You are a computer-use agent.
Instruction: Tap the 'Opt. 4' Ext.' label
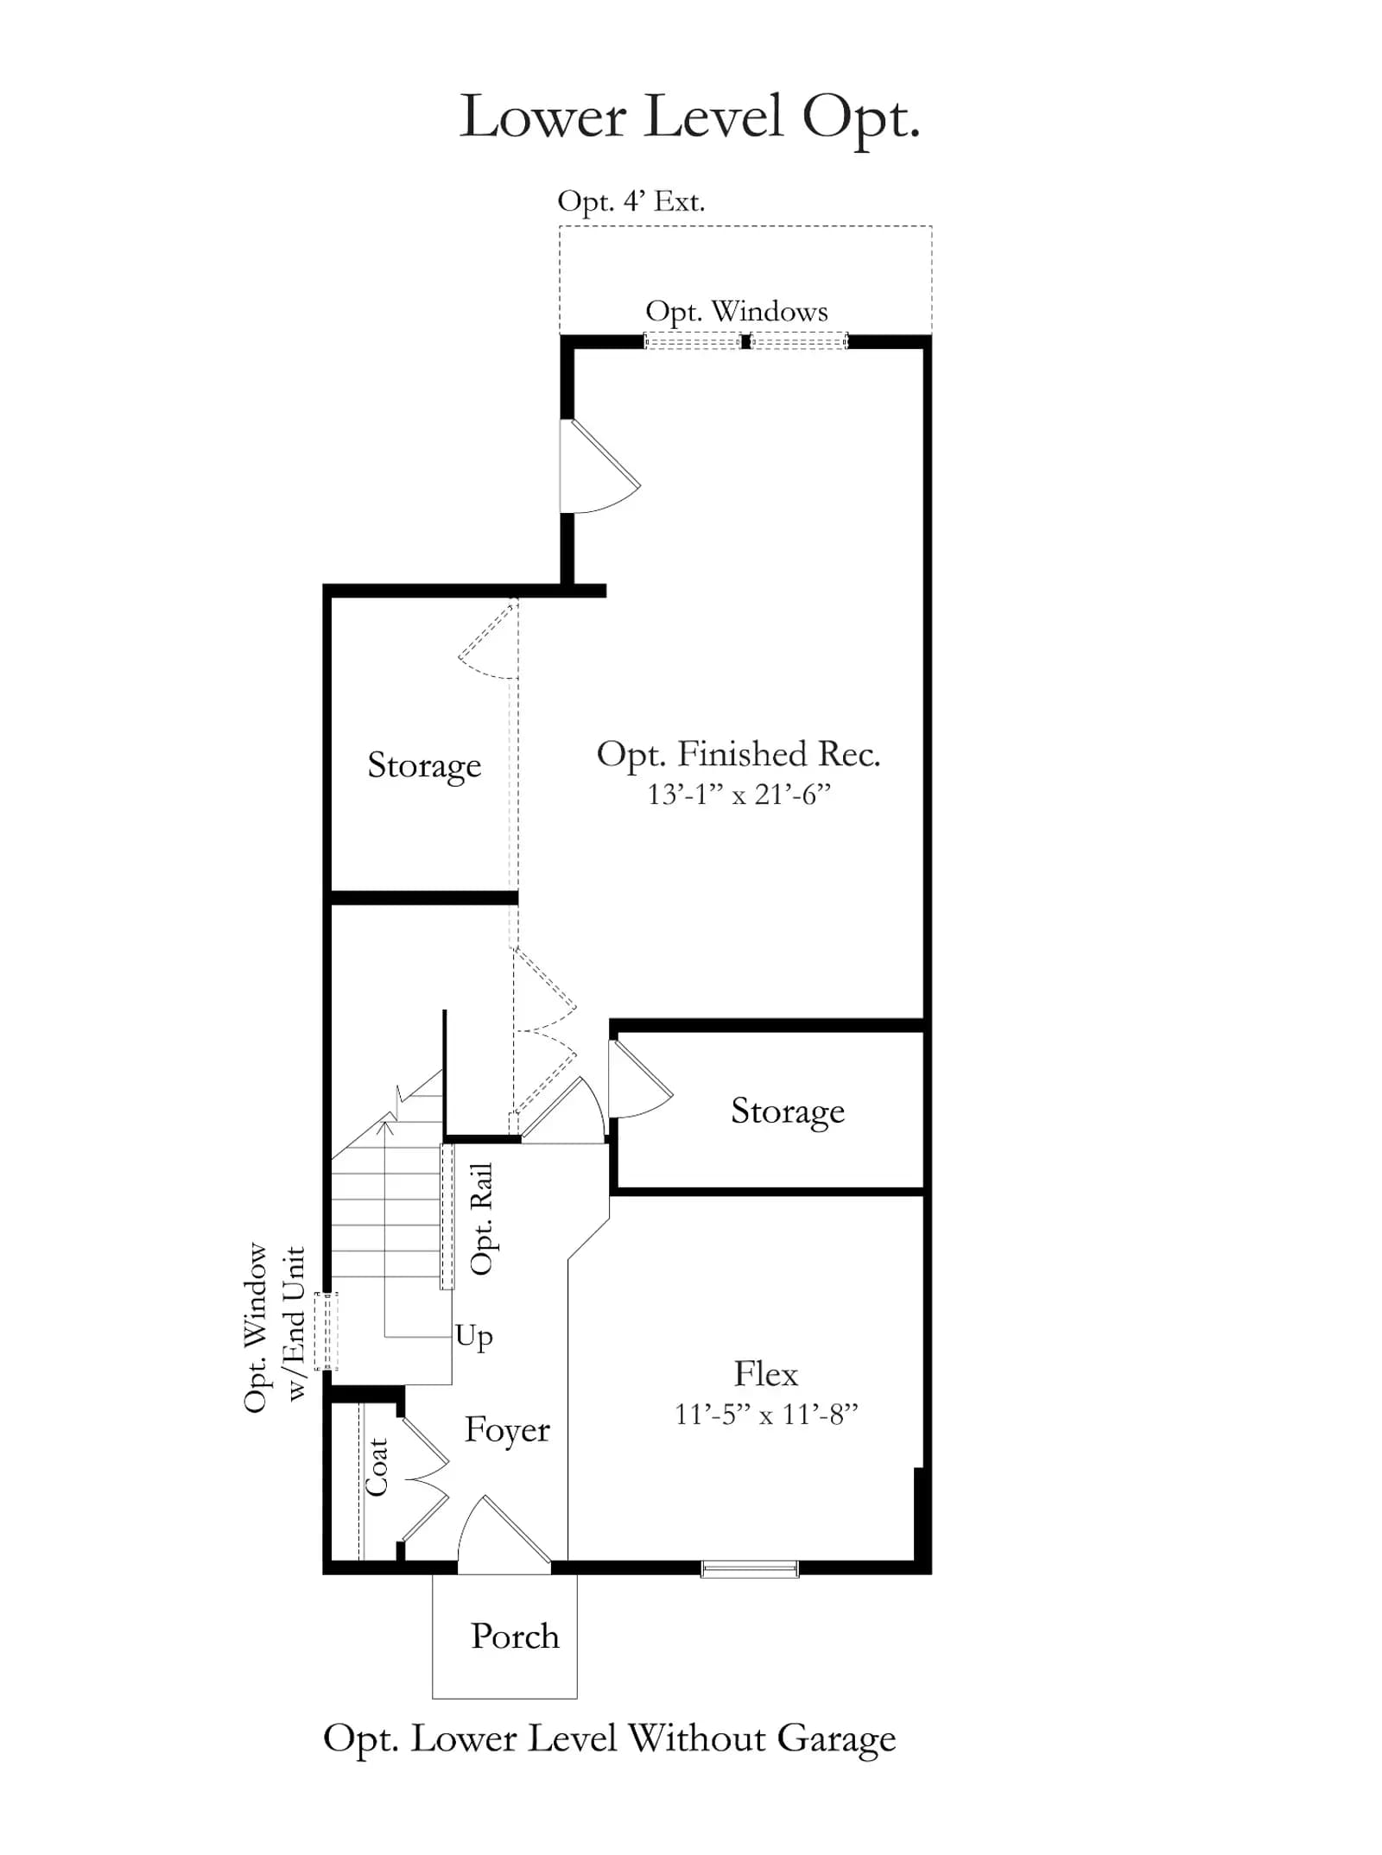pyautogui.click(x=631, y=201)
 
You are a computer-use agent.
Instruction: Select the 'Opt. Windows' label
pyautogui.click(x=737, y=312)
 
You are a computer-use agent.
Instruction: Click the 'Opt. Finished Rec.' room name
pyautogui.click(x=739, y=754)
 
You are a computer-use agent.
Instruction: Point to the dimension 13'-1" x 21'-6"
pyautogui.click(x=739, y=794)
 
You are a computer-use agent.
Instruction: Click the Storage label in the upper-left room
pyautogui.click(x=424, y=765)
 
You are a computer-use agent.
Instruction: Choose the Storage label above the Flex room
pyautogui.click(x=788, y=1111)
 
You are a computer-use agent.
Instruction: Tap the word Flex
pyautogui.click(x=766, y=1373)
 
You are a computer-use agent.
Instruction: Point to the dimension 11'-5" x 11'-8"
pyautogui.click(x=766, y=1415)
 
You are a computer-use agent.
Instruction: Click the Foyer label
pyautogui.click(x=507, y=1430)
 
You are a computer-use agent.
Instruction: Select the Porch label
pyautogui.click(x=515, y=1637)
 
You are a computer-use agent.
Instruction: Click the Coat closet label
pyautogui.click(x=377, y=1467)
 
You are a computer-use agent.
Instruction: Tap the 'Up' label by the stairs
pyautogui.click(x=474, y=1336)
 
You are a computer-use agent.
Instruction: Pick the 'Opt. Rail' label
pyautogui.click(x=481, y=1219)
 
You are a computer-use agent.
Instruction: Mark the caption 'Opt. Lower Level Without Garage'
pyautogui.click(x=610, y=1739)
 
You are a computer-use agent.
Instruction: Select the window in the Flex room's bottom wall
pyautogui.click(x=750, y=1568)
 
